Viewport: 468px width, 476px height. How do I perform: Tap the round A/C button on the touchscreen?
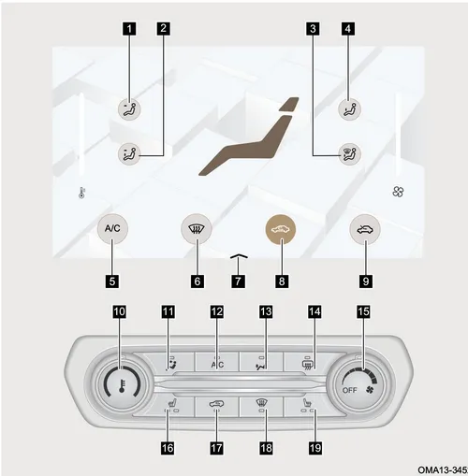[112, 229]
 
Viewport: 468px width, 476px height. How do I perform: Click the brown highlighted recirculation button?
[281, 230]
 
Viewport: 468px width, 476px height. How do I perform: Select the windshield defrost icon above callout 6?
[197, 230]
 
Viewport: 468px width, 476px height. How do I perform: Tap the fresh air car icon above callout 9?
[365, 230]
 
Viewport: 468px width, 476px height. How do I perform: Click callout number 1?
[129, 29]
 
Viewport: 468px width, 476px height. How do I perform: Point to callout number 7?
[238, 281]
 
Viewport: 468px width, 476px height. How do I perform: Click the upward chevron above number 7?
[239, 256]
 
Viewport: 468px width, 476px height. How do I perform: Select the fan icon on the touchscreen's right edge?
[398, 192]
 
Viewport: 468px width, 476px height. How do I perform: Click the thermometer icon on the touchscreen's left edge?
[81, 193]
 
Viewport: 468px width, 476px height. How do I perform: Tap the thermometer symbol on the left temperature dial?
[123, 385]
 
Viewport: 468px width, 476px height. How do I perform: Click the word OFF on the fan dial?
[350, 390]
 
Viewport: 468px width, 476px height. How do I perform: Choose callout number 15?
[363, 311]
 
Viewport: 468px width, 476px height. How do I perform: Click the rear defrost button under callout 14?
[306, 362]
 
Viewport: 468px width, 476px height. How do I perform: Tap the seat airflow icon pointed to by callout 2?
[128, 154]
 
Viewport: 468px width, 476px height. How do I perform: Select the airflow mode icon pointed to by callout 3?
[350, 154]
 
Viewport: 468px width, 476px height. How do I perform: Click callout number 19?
[314, 448]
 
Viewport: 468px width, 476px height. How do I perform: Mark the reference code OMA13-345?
[443, 469]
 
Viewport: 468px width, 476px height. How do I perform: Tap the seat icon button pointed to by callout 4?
[350, 109]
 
